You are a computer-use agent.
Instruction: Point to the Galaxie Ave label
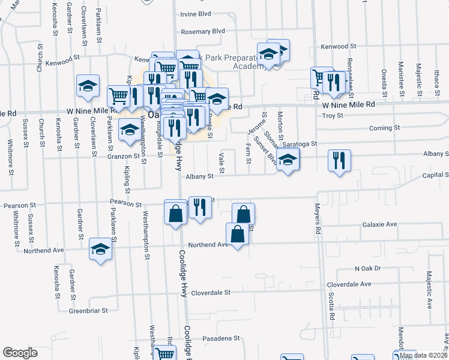point(379,224)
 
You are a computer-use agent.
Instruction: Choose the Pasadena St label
point(220,338)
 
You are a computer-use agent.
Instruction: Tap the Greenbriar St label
point(88,311)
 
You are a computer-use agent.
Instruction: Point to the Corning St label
point(384,128)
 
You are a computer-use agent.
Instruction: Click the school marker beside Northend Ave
point(100,250)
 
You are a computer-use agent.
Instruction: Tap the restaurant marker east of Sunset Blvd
point(339,161)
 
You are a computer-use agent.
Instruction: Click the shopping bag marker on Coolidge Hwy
point(176,214)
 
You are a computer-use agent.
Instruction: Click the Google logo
point(20,353)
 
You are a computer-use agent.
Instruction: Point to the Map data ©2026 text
point(422,355)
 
